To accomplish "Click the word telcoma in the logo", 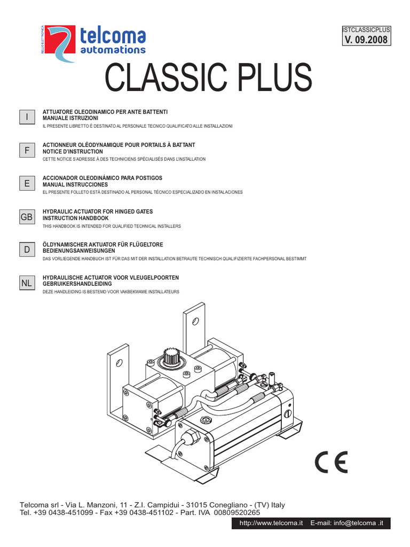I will (x=112, y=36).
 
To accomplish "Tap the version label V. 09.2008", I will (x=366, y=39).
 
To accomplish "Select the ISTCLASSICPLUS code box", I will (x=366, y=29).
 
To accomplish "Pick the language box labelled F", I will (x=27, y=151).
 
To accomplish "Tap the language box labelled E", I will (x=27, y=183).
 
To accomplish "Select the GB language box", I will (x=27, y=217).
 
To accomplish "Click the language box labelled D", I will (x=27, y=250).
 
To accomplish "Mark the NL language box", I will (x=27, y=284).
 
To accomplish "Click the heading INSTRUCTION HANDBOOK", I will (x=75, y=218).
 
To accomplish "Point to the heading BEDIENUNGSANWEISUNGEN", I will (x=79, y=251).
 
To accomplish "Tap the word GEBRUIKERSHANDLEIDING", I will (x=77, y=284).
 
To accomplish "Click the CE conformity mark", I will (x=330, y=462).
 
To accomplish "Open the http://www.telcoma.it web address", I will (x=271, y=523).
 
